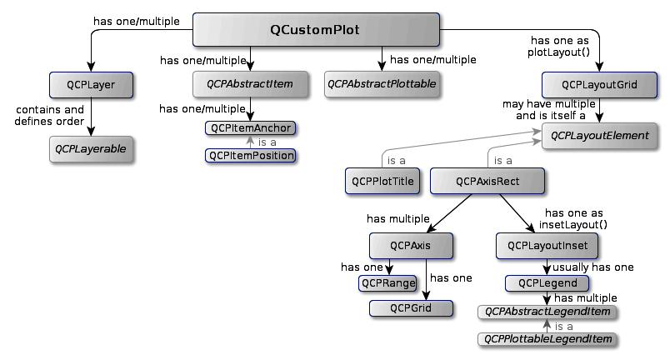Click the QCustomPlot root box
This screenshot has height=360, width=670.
315,30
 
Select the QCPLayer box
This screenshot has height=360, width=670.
91,84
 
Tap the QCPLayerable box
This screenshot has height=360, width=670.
91,148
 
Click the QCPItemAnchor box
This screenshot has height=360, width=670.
250,128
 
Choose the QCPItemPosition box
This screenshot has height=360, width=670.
250,155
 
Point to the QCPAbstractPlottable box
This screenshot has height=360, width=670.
382,84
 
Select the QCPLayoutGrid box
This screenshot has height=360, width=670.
597,84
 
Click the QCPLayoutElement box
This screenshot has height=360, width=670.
597,134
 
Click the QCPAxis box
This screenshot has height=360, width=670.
410,245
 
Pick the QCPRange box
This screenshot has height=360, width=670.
387,283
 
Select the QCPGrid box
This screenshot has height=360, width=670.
410,308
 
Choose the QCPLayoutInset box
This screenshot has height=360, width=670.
547,245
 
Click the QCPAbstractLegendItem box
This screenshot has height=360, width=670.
547,312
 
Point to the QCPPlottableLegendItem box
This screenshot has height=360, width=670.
547,339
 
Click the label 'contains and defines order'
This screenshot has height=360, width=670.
49,115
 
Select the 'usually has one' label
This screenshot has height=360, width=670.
593,267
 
